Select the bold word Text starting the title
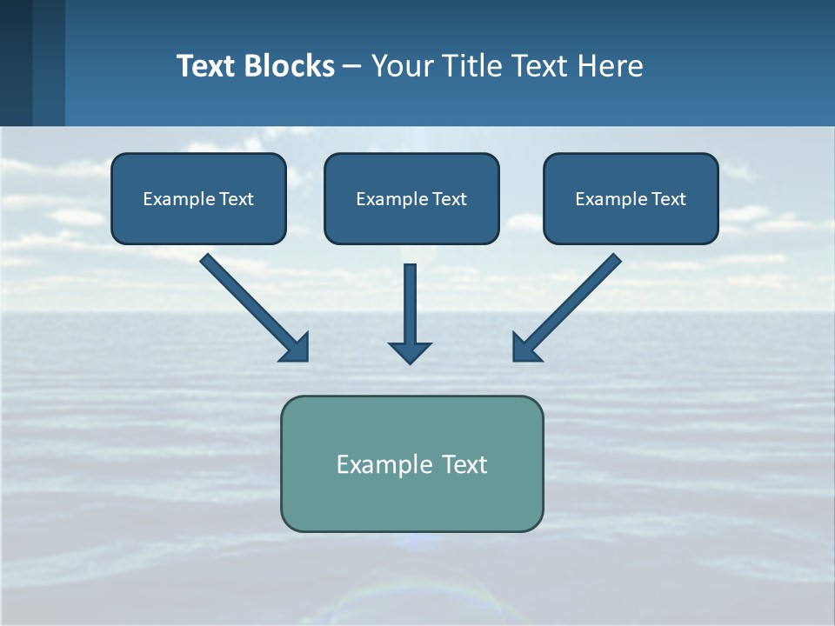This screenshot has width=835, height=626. (x=206, y=66)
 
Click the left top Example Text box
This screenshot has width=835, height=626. (x=198, y=198)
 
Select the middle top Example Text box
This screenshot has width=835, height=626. (x=411, y=198)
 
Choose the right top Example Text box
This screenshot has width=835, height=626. (x=631, y=198)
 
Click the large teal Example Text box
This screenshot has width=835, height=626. (x=411, y=463)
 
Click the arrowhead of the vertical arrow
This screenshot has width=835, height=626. (x=410, y=351)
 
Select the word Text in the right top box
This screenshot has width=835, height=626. (x=669, y=199)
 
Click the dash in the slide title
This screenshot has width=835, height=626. (x=352, y=66)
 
